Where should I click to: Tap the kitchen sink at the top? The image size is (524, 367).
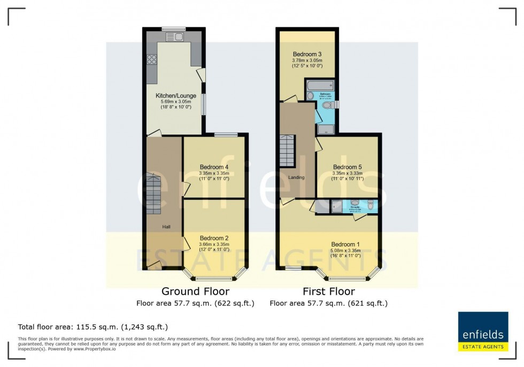tap(174, 36)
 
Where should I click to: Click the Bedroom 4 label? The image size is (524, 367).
tap(214, 167)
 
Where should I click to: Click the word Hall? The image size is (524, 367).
tap(167, 227)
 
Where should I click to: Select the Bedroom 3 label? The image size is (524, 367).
tap(307, 54)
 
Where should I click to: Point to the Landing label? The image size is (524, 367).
tap(296, 177)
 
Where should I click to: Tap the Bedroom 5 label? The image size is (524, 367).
tap(347, 167)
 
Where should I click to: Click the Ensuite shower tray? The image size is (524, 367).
tap(337, 206)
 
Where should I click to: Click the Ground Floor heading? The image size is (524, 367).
tap(195, 291)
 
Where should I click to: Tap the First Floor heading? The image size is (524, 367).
tap(328, 291)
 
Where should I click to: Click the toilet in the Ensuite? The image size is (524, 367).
tap(371, 204)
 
